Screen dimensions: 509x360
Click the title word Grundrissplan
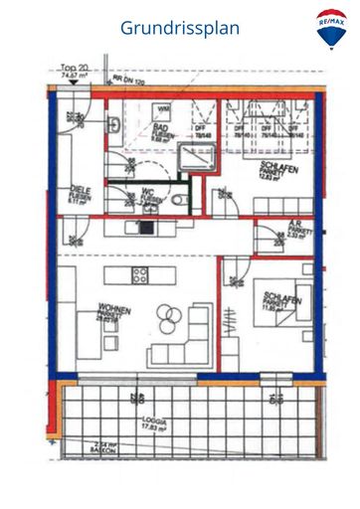180,28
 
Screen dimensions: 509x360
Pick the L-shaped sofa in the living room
193,336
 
